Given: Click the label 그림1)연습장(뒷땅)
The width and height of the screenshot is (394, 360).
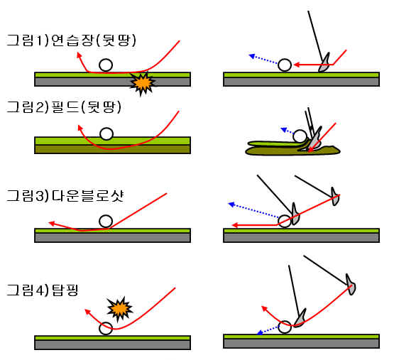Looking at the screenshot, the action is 71,40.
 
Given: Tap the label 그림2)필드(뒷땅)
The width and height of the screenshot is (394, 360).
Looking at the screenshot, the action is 64,107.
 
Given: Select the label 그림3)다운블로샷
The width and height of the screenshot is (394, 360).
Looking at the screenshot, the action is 65,195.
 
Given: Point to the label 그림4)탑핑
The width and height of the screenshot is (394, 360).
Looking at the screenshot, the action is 42,290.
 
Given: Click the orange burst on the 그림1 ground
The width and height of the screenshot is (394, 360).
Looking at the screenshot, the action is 142,83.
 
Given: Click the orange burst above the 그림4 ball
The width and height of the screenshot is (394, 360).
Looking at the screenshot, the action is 119,309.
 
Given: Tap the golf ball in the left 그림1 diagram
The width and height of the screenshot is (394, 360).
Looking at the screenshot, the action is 106,65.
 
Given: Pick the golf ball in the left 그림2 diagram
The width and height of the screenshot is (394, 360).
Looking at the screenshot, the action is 106,133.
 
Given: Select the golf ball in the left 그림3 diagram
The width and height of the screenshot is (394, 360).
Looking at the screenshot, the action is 106,222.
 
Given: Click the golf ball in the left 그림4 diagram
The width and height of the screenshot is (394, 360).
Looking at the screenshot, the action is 106,328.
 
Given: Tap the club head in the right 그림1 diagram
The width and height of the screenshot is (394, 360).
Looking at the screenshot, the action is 324,63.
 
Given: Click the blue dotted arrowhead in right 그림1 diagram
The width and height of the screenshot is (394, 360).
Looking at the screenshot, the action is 252,56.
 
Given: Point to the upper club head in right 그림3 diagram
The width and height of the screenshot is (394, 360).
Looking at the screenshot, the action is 335,197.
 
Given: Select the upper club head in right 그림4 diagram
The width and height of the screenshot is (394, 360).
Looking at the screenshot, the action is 351,285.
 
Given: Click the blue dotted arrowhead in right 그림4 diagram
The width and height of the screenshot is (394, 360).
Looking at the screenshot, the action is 260,332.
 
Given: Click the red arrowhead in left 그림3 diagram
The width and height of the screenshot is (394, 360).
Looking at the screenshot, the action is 52,223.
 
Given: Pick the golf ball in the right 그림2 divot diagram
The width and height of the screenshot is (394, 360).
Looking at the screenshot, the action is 300,136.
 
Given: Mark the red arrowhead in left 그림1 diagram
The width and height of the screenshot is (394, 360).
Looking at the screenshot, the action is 80,55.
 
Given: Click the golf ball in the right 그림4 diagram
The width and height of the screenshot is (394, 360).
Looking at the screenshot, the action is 285,327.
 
